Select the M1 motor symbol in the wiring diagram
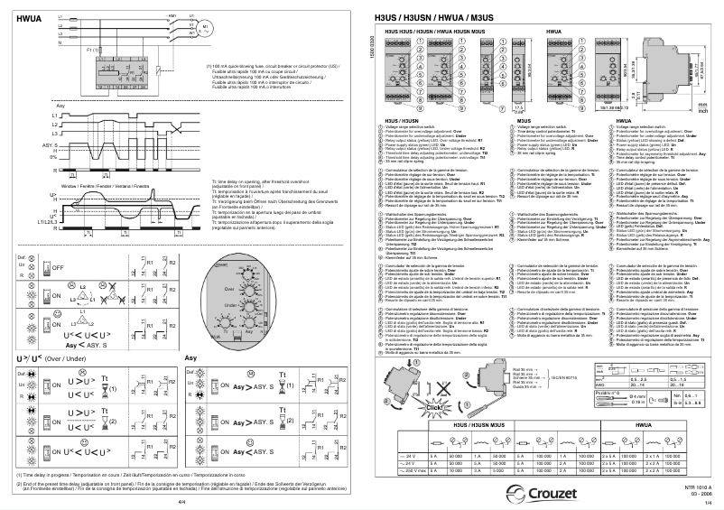click(x=205, y=28)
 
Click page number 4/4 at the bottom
click(x=181, y=502)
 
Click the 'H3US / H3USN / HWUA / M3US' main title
click(x=437, y=20)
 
